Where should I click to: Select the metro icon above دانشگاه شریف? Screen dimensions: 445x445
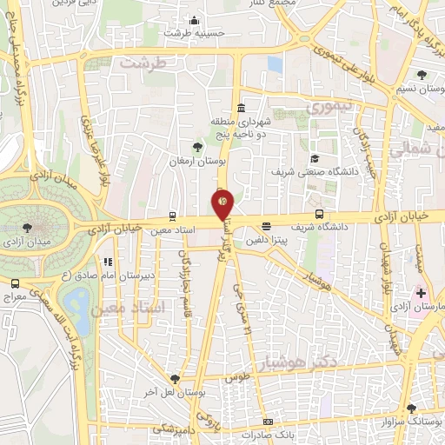pos(320,214)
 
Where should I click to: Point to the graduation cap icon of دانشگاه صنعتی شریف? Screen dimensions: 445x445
pos(315,158)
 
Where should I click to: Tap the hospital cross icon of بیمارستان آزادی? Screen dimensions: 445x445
pos(422,294)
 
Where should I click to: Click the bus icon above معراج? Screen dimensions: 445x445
pos(15,283)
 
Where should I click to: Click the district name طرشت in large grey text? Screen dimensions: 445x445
pos(143,63)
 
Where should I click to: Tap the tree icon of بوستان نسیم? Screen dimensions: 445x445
pos(422,75)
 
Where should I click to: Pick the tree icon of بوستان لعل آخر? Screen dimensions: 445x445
pos(176,379)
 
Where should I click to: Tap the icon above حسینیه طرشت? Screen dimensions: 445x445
pos(194,21)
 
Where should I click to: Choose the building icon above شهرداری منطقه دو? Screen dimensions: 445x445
pos(241,107)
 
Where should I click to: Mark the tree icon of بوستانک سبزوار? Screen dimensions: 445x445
pos(411,408)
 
